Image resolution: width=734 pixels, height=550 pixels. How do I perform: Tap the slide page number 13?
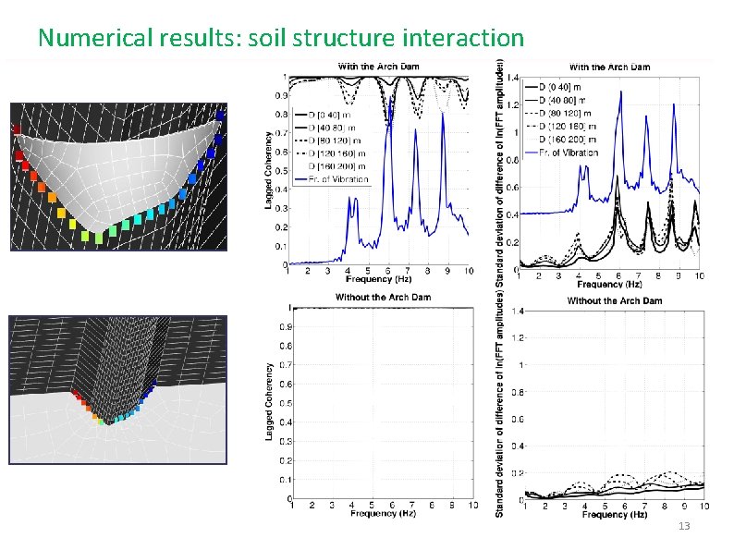[684, 525]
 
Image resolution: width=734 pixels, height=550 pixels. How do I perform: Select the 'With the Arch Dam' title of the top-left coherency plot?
[377, 66]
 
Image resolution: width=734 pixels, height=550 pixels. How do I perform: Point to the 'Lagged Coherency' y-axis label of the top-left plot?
[270, 166]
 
